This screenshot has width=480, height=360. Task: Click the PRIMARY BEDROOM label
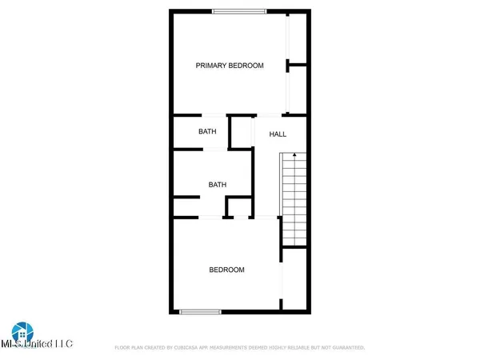pyautogui.click(x=230, y=66)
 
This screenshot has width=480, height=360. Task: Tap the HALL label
pyautogui.click(x=278, y=134)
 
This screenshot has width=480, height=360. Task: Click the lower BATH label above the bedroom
pyautogui.click(x=218, y=185)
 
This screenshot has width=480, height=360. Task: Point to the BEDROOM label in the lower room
pyautogui.click(x=226, y=270)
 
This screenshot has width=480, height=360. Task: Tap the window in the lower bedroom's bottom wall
pyautogui.click(x=200, y=311)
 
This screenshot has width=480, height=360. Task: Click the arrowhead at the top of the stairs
pyautogui.click(x=294, y=154)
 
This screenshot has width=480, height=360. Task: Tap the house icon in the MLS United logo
pyautogui.click(x=21, y=332)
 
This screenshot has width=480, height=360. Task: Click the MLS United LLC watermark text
pyautogui.click(x=37, y=345)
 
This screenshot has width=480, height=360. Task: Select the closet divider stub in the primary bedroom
pyautogui.click(x=298, y=65)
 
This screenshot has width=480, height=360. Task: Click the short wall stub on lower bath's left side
pyautogui.click(x=186, y=198)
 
